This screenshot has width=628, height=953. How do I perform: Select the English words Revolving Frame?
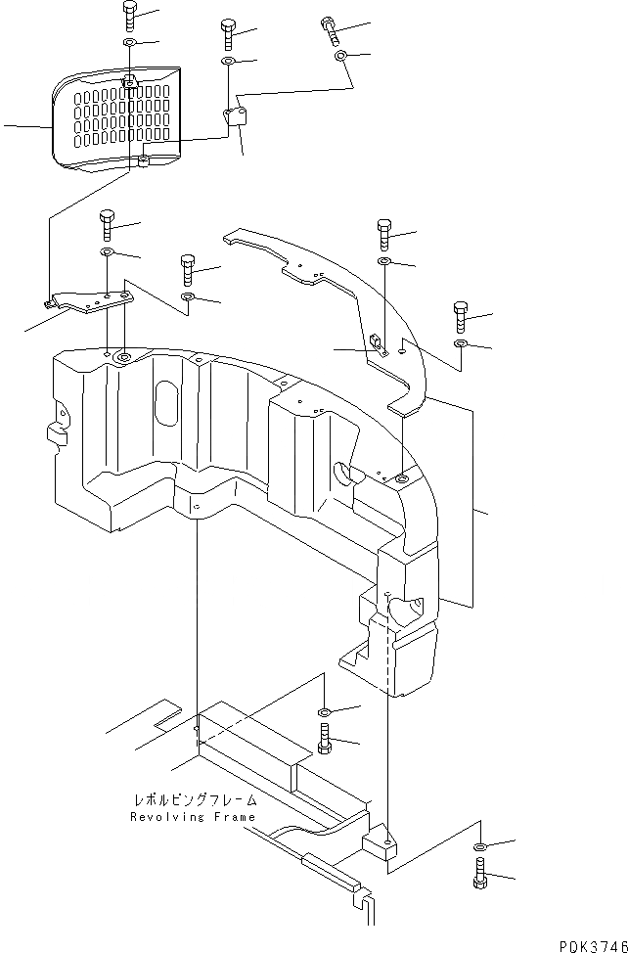192,817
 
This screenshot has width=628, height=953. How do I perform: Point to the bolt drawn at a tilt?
330,30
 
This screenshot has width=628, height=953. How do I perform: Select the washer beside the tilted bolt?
341,57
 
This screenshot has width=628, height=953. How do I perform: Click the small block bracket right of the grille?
236,118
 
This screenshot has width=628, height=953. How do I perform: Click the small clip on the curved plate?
374,342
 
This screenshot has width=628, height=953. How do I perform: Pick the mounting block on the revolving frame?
381,844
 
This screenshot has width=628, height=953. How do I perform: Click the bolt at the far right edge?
462,318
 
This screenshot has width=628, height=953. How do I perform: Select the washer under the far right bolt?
461,344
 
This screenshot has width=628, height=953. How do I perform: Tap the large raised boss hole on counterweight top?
124,356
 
